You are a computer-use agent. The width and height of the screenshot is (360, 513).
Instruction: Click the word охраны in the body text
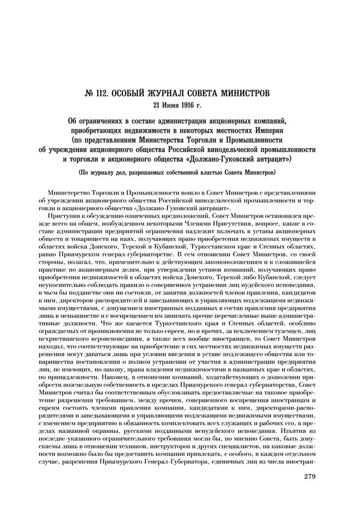coord(102,427)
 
